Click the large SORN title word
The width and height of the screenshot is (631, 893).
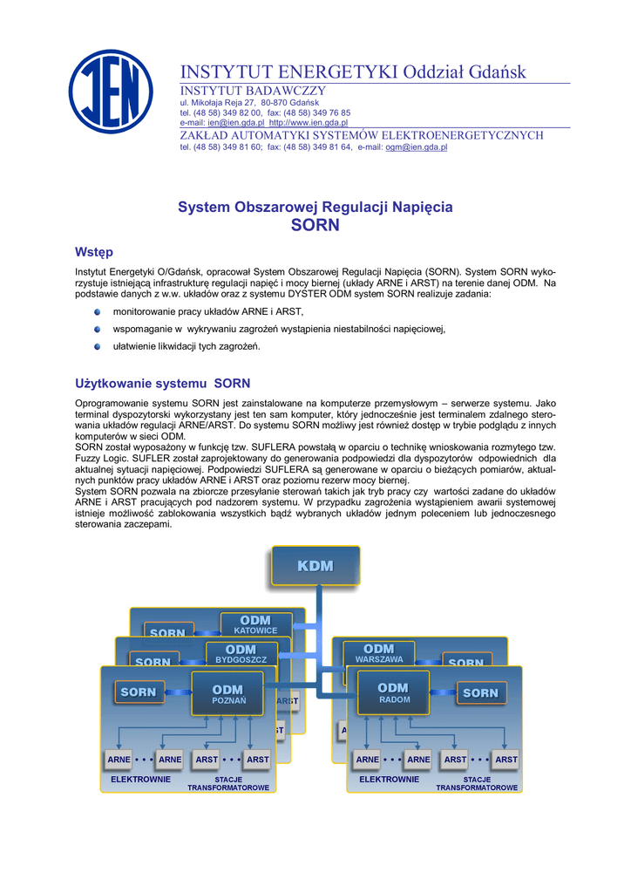click(315, 225)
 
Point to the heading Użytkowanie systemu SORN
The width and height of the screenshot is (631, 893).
click(163, 383)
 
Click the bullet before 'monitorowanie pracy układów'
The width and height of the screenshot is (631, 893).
click(98, 310)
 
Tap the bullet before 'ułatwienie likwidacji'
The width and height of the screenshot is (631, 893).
click(98, 346)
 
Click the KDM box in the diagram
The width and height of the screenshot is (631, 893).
click(315, 566)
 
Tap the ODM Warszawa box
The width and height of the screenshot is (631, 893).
click(379, 653)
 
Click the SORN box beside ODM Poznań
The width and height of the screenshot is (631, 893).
click(139, 692)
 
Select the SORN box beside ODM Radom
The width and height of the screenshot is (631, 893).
click(480, 693)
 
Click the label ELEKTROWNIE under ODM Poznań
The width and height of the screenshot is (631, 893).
click(140, 779)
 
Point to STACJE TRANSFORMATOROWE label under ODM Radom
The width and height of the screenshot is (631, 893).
click(477, 783)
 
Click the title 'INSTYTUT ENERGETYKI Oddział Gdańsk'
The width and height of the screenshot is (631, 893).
click(353, 71)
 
